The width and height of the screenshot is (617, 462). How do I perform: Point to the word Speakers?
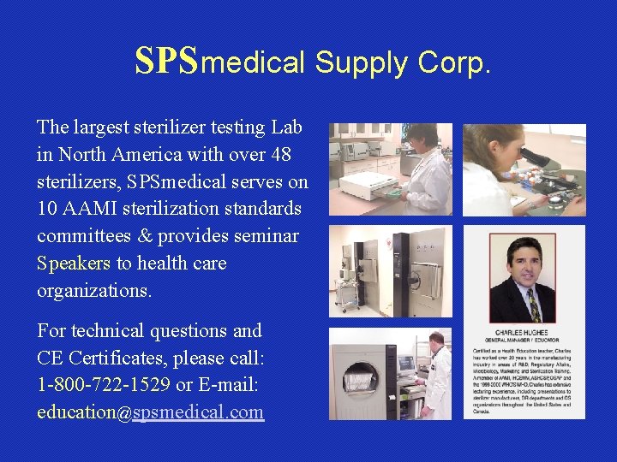click(x=74, y=263)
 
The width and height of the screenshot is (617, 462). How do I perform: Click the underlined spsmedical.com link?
click(x=199, y=412)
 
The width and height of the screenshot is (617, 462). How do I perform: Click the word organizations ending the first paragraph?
click(x=93, y=290)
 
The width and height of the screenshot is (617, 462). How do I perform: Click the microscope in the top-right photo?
click(x=536, y=158)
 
